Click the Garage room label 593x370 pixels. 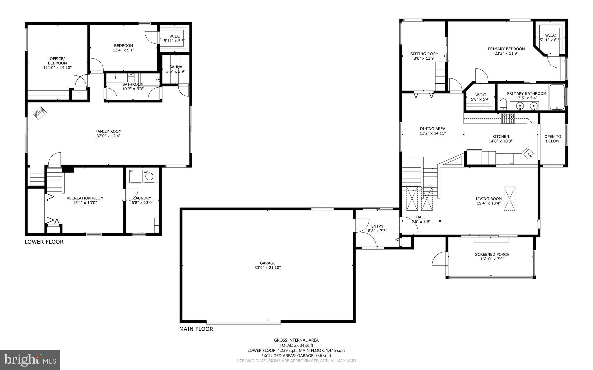267,263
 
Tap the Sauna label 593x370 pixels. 176,67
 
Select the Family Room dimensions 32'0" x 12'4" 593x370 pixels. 108,136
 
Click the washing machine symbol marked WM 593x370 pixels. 149,176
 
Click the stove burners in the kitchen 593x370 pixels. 508,118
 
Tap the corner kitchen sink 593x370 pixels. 529,154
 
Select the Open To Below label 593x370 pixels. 552,139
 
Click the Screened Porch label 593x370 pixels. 492,255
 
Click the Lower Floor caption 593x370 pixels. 44,242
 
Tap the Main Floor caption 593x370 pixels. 196,329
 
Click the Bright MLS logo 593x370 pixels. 30,360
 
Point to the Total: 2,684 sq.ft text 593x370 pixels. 296,345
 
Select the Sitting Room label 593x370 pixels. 424,54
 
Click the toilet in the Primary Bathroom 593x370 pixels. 503,104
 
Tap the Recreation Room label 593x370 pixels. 85,198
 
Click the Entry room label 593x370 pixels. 377,226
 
